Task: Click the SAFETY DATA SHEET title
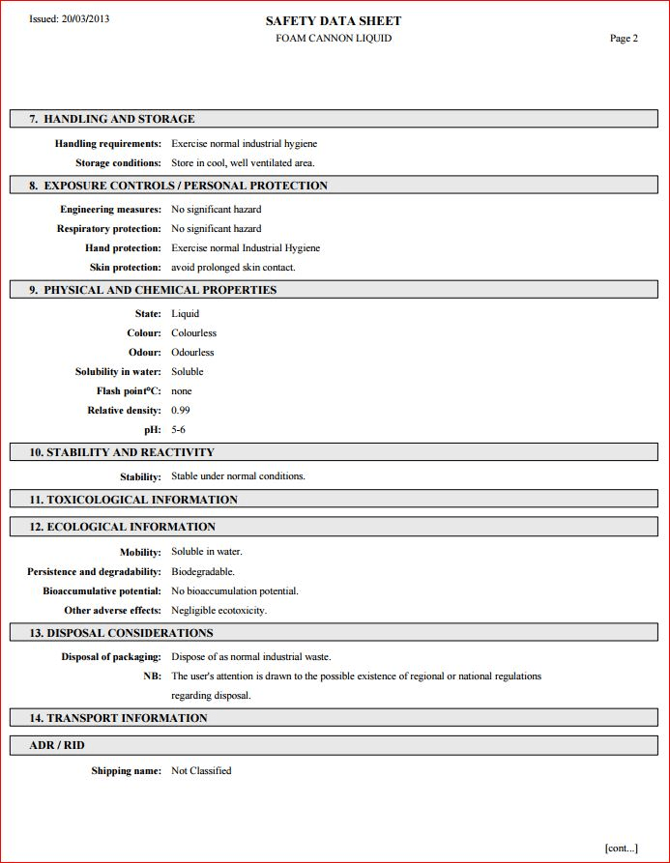334,20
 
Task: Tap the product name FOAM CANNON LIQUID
334,39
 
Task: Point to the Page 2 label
624,39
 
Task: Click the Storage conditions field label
118,163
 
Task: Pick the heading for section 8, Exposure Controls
178,186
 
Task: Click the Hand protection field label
123,248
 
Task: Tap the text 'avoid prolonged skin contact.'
233,268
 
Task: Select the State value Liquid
185,314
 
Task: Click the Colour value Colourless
193,333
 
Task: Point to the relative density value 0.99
181,411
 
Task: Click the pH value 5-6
178,430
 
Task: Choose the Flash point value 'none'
182,391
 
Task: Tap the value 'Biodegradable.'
203,572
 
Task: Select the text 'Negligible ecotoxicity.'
218,611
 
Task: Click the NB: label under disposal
152,676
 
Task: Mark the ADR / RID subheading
57,745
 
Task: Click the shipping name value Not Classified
201,771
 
